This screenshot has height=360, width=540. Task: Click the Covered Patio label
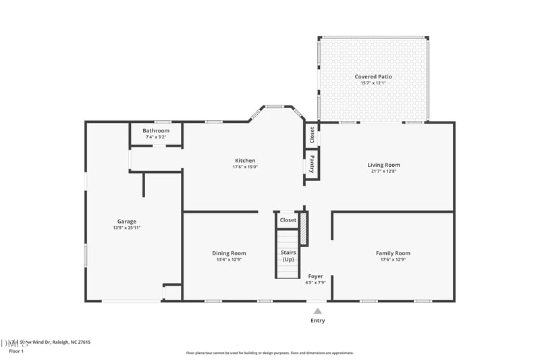[373, 77]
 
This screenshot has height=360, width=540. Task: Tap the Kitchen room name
[245, 161]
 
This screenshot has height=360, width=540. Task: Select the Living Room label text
[383, 165]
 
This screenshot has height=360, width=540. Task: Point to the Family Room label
[393, 253]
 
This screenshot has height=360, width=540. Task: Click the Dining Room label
[229, 253]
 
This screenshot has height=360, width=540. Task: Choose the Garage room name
[127, 222]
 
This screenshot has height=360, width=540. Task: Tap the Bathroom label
[156, 130]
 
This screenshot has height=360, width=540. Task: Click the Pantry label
[312, 165]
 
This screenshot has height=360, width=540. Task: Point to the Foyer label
[315, 276]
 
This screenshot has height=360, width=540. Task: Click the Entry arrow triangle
[317, 311]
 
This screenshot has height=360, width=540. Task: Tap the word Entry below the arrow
[317, 321]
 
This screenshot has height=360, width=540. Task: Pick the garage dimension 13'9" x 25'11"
[127, 228]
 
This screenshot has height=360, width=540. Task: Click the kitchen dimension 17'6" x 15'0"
[245, 167]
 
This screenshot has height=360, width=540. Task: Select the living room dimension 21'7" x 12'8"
[383, 172]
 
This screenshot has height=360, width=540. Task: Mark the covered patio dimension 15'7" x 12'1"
[373, 83]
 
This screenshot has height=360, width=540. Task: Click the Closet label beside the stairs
[288, 220]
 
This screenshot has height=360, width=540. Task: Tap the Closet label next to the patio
[312, 134]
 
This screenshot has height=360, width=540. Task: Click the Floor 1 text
[16, 351]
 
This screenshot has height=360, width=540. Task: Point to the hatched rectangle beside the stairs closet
[304, 228]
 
